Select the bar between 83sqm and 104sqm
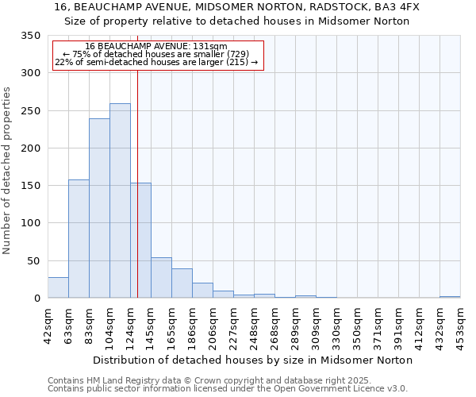(99, 208)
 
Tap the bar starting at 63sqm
(79, 239)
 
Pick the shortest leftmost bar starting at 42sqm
(58, 287)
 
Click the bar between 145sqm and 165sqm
(161, 278)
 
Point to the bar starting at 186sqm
(202, 291)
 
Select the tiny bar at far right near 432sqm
(450, 297)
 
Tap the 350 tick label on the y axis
(30, 36)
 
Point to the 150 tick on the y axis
(30, 186)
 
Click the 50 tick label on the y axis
(33, 261)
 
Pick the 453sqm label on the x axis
(460, 325)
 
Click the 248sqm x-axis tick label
(254, 325)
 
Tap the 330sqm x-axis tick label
(336, 325)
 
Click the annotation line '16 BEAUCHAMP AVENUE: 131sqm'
(156, 47)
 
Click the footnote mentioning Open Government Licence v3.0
(228, 389)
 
